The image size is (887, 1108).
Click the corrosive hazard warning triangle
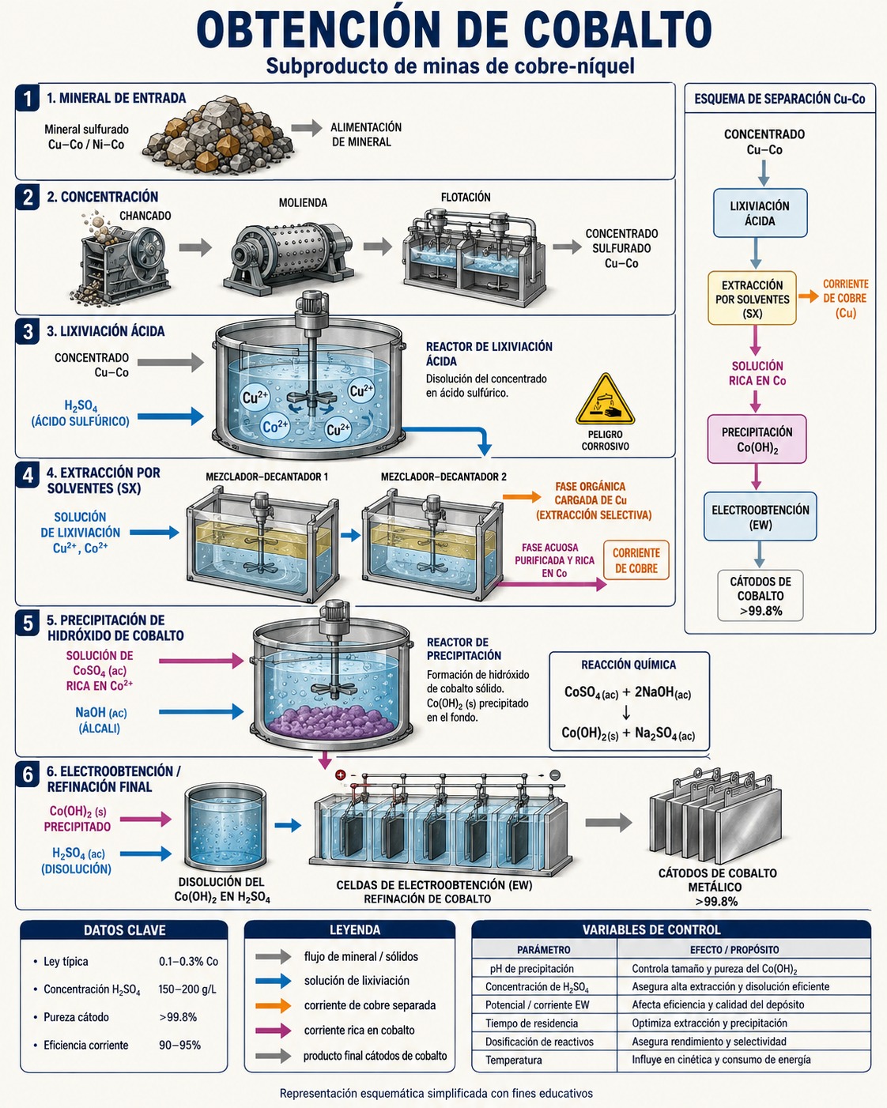pos(605,400)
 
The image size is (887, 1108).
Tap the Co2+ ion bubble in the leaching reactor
pos(275,427)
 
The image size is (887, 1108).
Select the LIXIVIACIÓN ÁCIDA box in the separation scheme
pos(760,213)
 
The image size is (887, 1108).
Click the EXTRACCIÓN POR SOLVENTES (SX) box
pos(752,299)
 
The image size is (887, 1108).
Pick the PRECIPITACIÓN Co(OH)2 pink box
pos(757,439)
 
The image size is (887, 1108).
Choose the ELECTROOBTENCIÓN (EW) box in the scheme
pos(760,517)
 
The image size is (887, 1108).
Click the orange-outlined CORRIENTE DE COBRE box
pos(636,560)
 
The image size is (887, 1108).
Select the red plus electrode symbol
pos(341,775)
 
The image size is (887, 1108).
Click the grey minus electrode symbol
pos(555,774)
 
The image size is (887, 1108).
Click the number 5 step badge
pos(28,624)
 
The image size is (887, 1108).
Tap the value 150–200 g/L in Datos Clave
pos(187,989)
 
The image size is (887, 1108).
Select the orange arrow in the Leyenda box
pos(273,1005)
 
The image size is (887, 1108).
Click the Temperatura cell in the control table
pos(514,1060)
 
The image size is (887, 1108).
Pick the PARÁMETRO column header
pos(544,949)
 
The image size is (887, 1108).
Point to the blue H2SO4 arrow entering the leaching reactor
pos(171,416)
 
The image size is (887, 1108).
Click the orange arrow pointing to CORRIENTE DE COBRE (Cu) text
pos(809,296)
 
